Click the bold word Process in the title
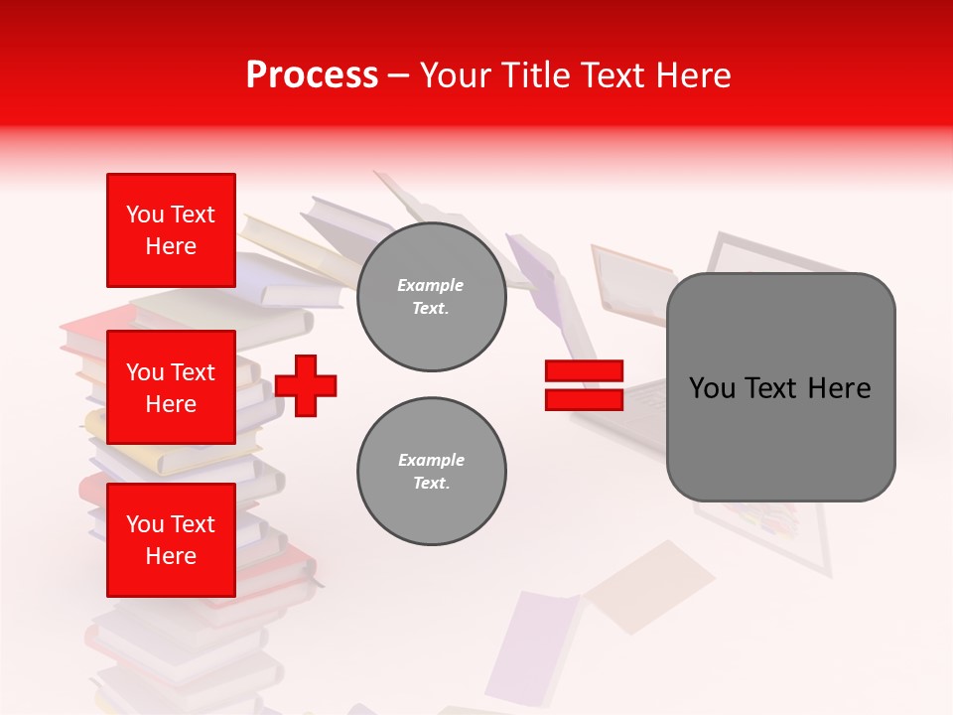pos(312,75)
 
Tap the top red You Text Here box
pos(171,230)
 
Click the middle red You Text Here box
pos(171,387)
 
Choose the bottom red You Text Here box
pos(171,540)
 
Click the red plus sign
pos(306,384)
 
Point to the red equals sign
pos(584,385)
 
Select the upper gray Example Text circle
pos(431,297)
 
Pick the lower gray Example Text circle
pos(431,472)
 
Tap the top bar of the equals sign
pos(584,370)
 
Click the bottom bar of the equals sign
pos(584,400)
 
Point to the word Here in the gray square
pos(839,388)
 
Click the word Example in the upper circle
pos(431,285)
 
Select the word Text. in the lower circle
pos(431,484)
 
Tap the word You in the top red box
pos(145,214)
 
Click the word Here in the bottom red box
pos(171,556)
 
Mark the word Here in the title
pos(694,75)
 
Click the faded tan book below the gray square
pos(650,586)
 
